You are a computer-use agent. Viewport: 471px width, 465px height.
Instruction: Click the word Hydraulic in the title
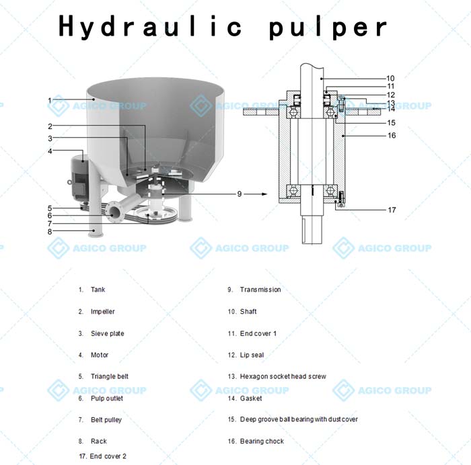[x=150, y=26]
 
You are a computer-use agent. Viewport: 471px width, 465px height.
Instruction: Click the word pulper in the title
[x=328, y=28]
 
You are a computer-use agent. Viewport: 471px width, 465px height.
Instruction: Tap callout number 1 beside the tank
[x=50, y=100]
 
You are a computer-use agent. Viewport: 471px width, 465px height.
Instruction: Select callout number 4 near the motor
[x=50, y=151]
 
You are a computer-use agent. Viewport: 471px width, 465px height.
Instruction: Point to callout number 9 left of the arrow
[x=239, y=194]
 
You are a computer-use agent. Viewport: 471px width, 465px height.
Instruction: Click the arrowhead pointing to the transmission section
[x=264, y=194]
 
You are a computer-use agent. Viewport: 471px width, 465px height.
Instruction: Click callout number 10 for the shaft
[x=390, y=79]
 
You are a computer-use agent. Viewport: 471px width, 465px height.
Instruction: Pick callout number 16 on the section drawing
[x=392, y=136]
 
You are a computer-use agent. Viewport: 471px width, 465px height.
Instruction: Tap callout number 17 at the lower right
[x=392, y=210]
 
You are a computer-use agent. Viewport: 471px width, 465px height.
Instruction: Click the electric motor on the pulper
[x=79, y=177]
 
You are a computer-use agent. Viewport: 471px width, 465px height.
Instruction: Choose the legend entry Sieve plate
[x=107, y=333]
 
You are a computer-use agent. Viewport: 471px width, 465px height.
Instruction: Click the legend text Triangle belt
[x=109, y=376]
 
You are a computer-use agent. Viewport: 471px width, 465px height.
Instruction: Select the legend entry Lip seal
[x=252, y=355]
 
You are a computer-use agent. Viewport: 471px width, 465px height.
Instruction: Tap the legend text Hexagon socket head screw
[x=283, y=376]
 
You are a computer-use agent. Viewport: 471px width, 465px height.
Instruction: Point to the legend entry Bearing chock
[x=262, y=441]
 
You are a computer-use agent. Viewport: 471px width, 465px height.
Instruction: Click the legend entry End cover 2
[x=108, y=456]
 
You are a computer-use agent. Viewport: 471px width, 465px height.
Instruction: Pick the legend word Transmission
[x=260, y=290]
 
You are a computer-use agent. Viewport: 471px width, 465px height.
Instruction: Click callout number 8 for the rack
[x=50, y=232]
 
